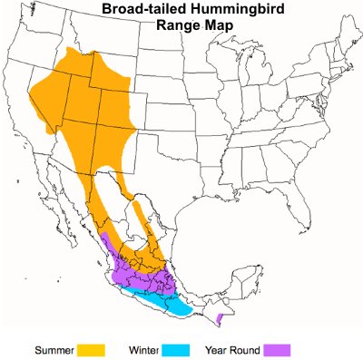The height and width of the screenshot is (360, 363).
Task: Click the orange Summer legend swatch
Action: tap(91, 349)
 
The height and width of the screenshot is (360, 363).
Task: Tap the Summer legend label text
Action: tap(54, 350)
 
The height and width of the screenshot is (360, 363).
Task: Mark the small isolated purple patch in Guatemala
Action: tap(221, 318)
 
